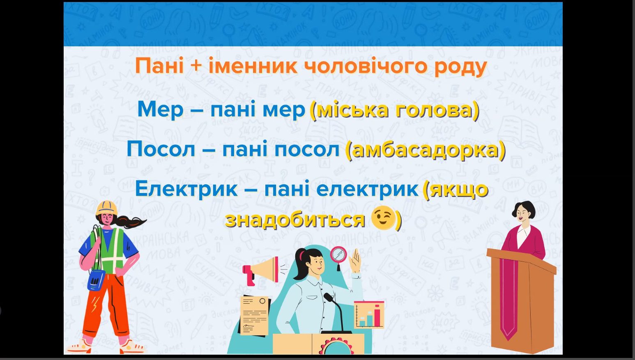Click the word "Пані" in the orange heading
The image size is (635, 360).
point(160,66)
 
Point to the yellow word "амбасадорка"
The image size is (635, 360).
point(425,150)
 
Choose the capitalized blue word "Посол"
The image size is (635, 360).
point(161,149)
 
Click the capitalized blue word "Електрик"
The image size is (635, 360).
point(186,189)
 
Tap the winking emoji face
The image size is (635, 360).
point(383,218)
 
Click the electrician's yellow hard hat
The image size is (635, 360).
point(106,208)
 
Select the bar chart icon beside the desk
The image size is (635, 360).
point(369,315)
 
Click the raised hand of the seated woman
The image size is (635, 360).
point(354,261)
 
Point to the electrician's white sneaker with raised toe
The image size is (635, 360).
point(79,346)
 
